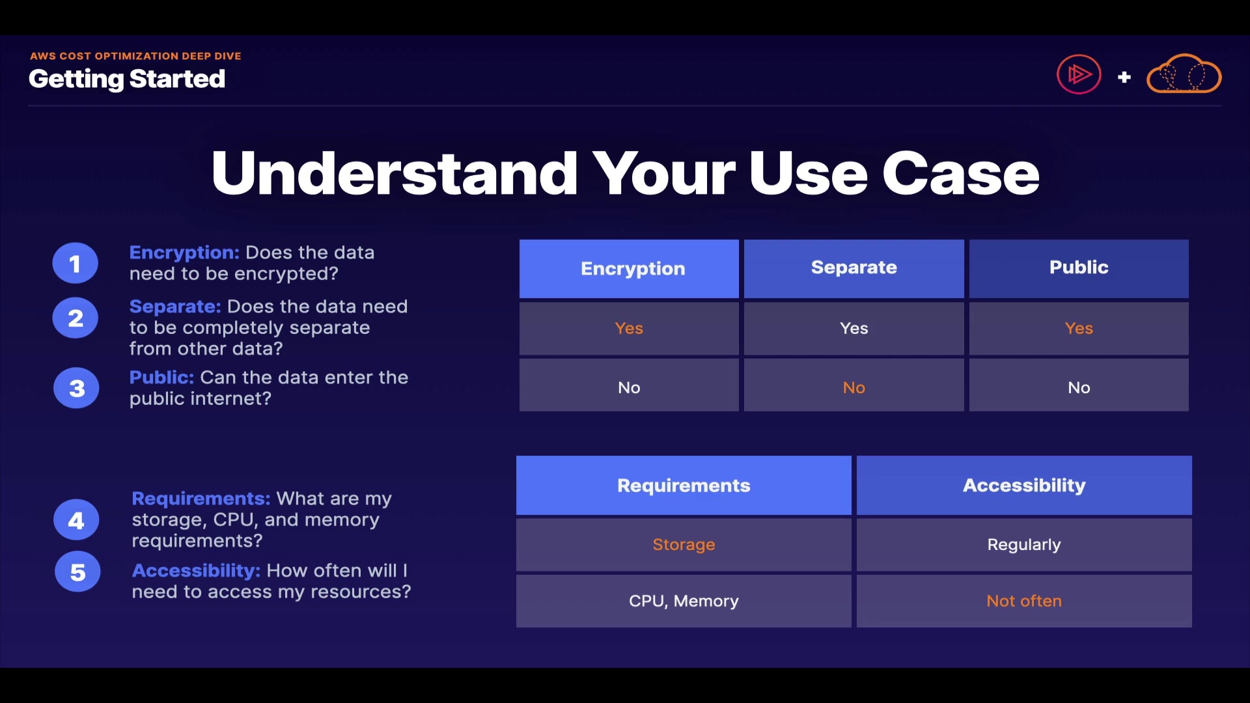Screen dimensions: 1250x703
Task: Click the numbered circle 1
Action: [x=76, y=263]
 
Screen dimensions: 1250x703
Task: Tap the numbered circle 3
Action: [x=77, y=388]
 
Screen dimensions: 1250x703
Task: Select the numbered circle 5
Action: [x=77, y=572]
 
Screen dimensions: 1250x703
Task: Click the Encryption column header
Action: [x=629, y=269]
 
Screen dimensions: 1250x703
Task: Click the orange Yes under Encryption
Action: [x=629, y=328]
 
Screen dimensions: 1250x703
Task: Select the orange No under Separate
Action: [x=854, y=387]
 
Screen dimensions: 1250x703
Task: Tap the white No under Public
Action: [x=1079, y=387]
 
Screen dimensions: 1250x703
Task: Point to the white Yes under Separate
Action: [x=854, y=328]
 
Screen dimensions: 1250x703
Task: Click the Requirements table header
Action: [x=684, y=486]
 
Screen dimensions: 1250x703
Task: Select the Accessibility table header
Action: [x=1024, y=486]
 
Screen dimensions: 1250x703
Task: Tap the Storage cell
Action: [x=684, y=545]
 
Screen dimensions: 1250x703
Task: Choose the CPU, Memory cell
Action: [x=684, y=601]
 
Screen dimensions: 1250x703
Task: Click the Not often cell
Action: [x=1024, y=601]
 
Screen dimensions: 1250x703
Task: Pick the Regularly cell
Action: [x=1024, y=545]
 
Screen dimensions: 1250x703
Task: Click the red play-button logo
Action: [x=1079, y=74]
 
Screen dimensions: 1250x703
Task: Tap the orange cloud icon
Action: [x=1184, y=74]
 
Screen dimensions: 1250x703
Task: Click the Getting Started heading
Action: [x=127, y=79]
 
